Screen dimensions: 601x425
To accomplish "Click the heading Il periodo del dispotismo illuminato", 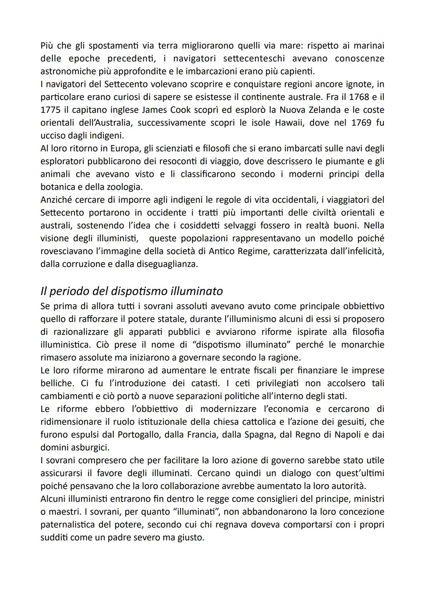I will [131, 291].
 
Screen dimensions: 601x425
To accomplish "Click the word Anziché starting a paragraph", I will [54, 200].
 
